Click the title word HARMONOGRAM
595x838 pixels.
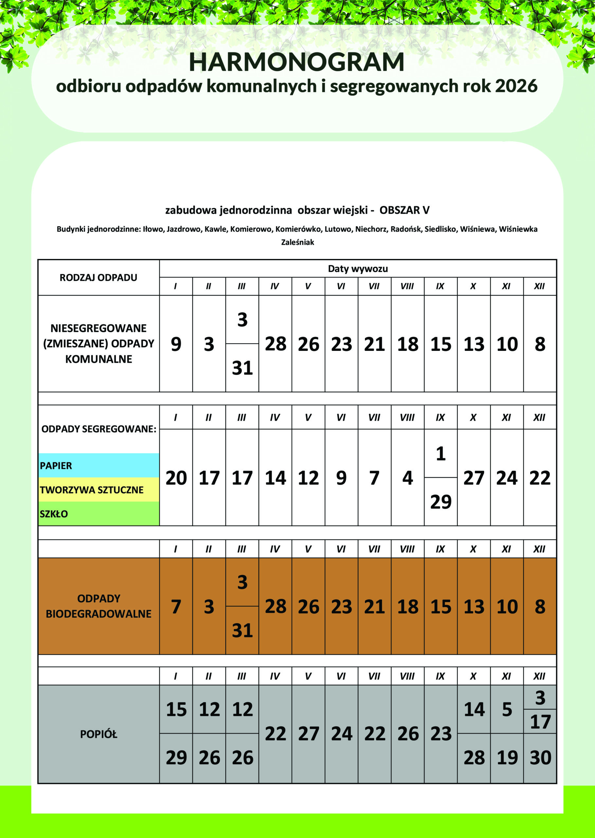point(297,62)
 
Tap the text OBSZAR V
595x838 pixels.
point(405,210)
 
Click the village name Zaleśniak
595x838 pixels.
point(297,242)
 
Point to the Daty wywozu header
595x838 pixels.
point(358,268)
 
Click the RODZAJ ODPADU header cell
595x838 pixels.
point(99,277)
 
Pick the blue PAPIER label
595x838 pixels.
point(56,466)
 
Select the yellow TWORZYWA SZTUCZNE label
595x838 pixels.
point(92,490)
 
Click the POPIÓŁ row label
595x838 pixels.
point(99,734)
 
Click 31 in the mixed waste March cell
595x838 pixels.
point(242,368)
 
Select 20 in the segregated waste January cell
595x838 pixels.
point(176,478)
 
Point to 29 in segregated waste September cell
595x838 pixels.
point(441,501)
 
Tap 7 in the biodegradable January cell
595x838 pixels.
point(176,607)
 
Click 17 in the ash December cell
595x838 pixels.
point(540,721)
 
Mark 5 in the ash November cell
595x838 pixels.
point(507,710)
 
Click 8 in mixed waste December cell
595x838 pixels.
point(540,344)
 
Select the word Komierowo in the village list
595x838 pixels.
point(251,229)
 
